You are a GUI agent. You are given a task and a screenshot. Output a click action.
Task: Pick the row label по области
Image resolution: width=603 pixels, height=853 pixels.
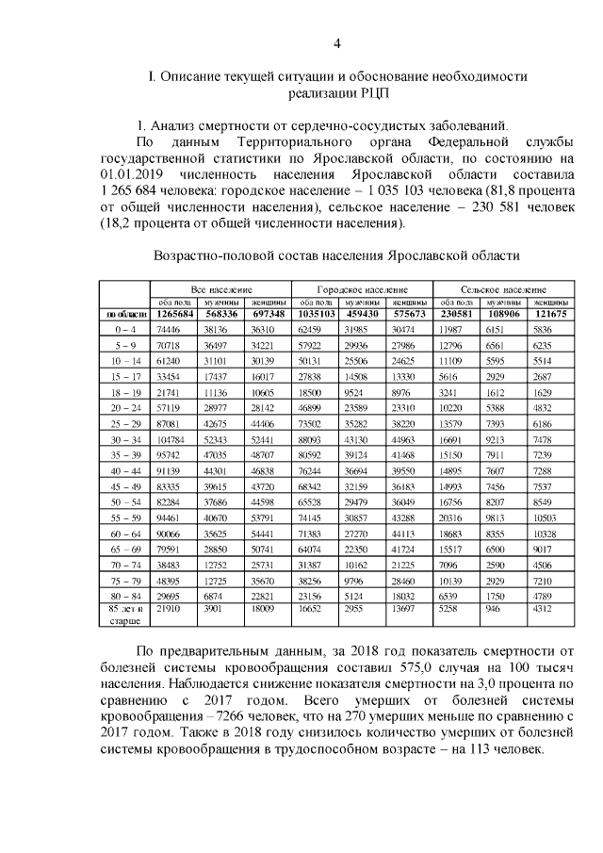(x=125, y=314)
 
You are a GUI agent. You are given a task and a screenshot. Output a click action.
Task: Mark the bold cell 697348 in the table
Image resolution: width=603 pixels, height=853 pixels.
(x=269, y=314)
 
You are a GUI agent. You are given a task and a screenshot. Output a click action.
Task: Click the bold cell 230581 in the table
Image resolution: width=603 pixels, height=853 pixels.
(x=456, y=314)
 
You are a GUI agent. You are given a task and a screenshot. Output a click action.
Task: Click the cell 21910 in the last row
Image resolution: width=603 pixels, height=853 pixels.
(x=170, y=612)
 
